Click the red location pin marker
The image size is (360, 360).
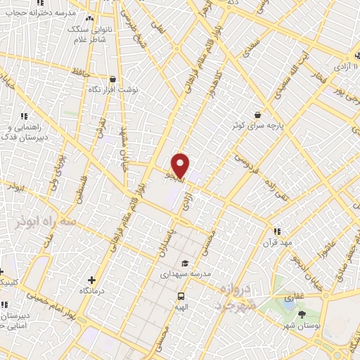point(181,165)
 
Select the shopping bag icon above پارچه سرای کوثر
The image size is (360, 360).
point(258,113)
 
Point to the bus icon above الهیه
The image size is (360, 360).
point(181,296)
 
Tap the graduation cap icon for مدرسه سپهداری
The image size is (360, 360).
point(184,263)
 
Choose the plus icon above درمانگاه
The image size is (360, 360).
point(92,280)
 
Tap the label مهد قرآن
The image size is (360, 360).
point(276,242)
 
